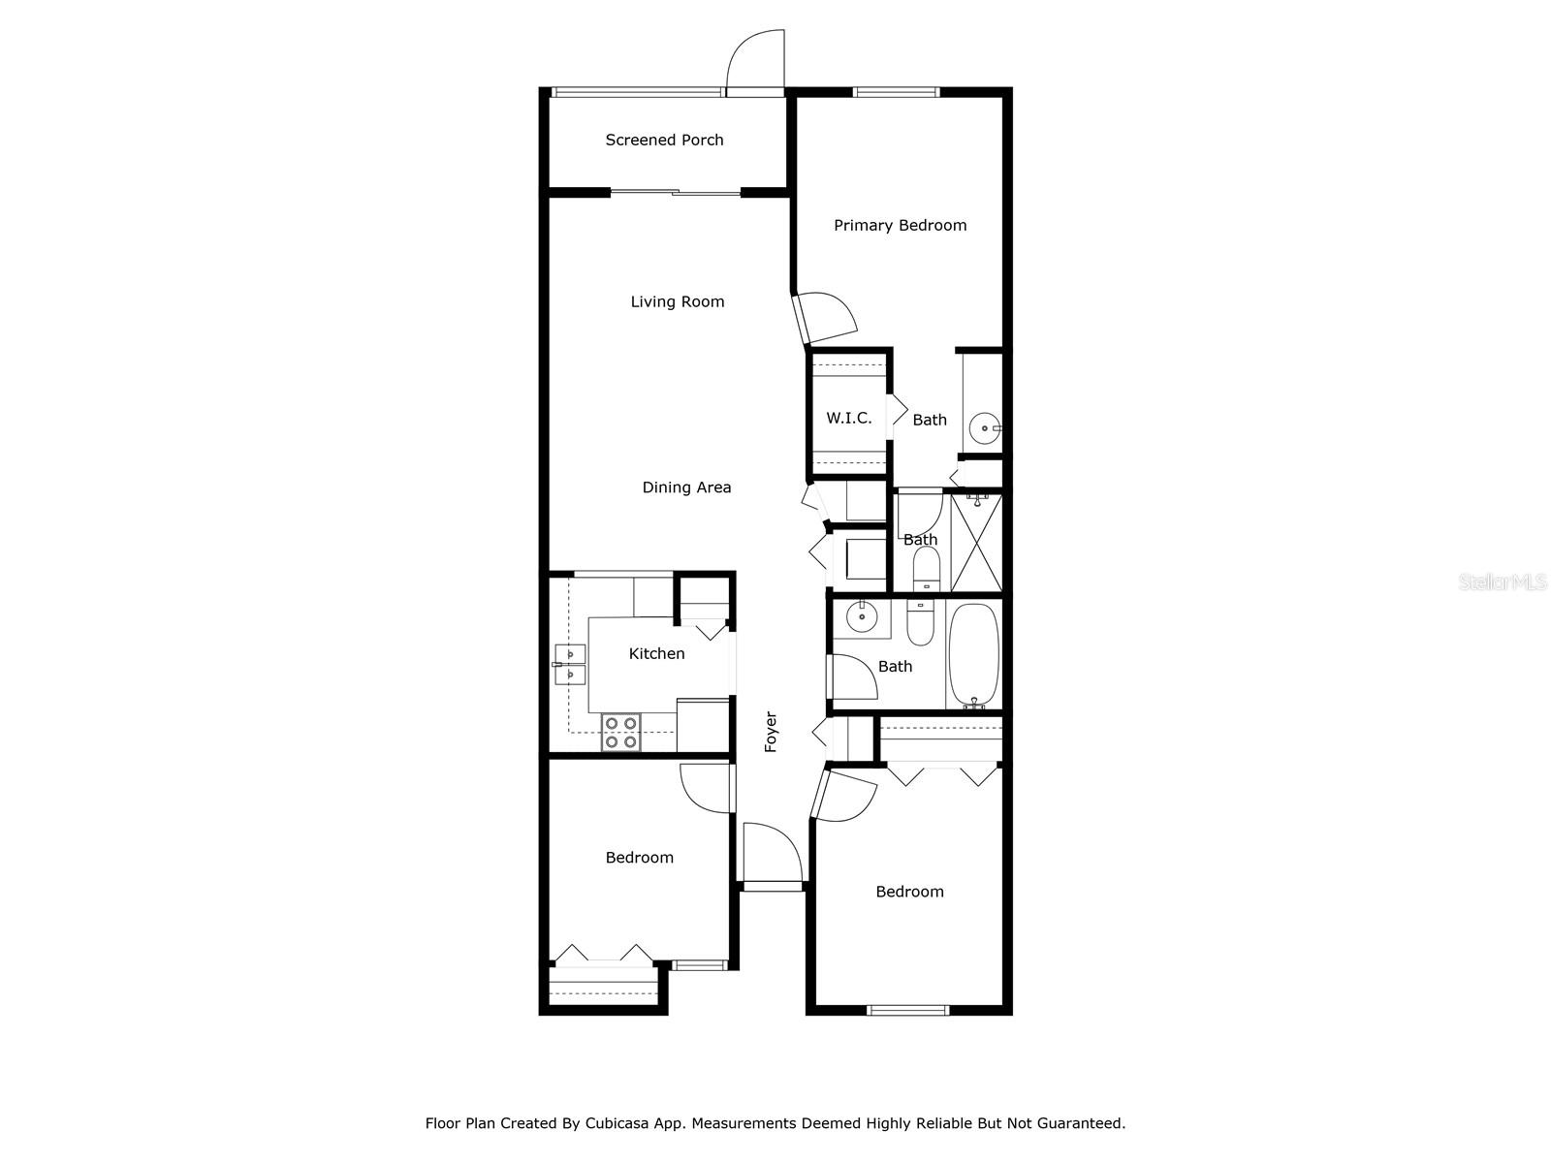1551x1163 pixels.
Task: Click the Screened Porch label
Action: [664, 140]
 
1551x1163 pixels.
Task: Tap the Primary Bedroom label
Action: [900, 225]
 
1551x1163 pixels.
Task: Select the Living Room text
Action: [678, 301]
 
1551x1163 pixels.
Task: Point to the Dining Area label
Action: [686, 487]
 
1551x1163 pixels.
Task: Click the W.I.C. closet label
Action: [848, 418]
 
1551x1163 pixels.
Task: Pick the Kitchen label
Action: [656, 653]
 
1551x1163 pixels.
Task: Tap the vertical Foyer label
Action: [771, 732]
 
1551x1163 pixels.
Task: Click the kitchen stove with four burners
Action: [620, 733]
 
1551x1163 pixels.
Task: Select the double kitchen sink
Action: [570, 664]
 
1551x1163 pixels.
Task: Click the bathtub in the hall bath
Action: [973, 655]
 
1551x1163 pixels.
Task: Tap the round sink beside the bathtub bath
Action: [861, 616]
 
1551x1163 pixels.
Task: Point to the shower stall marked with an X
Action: [976, 544]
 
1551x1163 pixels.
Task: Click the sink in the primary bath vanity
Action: [986, 426]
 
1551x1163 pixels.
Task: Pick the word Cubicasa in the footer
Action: [617, 1123]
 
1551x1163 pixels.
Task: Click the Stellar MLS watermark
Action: [1502, 582]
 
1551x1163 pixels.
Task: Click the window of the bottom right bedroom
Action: [907, 1010]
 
